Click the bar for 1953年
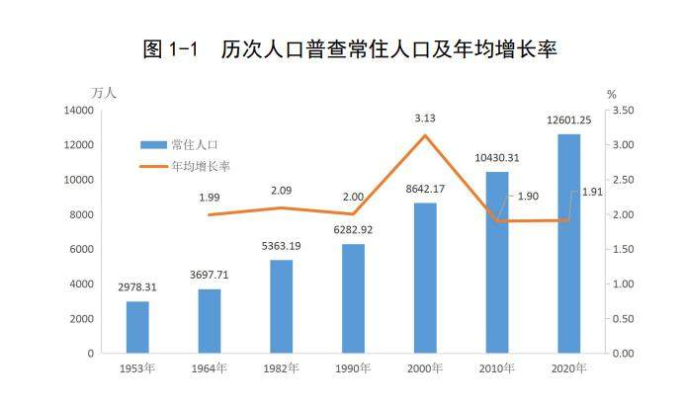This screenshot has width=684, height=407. tap(137, 327)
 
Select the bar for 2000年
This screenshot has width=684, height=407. tap(425, 278)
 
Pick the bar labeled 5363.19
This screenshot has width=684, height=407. tap(281, 306)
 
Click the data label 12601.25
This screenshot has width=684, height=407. tap(568, 121)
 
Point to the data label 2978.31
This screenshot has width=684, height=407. tap(137, 287)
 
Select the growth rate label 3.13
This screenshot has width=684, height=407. tap(425, 118)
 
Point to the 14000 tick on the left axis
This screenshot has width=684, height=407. tap(77, 111)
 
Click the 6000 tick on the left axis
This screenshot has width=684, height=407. tap(80, 249)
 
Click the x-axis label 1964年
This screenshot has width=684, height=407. tap(210, 369)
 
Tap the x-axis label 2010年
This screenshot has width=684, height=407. tap(496, 369)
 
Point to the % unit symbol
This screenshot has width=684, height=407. tap(612, 94)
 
